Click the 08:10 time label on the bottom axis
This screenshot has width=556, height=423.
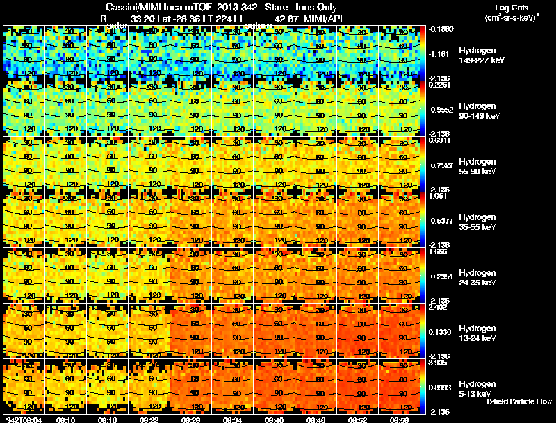(x=66, y=420)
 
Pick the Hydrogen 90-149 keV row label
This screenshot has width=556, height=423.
(x=476, y=111)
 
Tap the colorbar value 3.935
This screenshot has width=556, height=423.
(x=439, y=363)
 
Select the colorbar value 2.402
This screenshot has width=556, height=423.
(x=439, y=307)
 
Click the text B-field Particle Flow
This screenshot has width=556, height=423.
(x=519, y=401)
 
